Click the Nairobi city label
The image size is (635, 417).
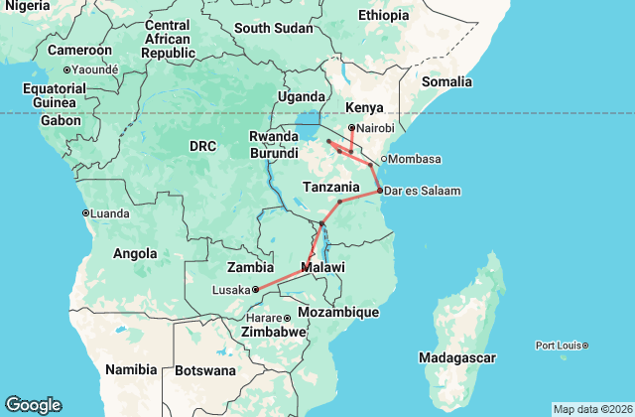(376, 128)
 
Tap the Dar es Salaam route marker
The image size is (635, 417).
(379, 190)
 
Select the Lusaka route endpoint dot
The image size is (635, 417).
(255, 289)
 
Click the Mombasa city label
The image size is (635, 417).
(416, 160)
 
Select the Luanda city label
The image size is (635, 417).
(111, 212)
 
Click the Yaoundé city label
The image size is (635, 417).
(94, 69)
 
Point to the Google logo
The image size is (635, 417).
(33, 405)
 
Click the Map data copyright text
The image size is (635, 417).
(591, 409)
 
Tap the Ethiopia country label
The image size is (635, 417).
(383, 15)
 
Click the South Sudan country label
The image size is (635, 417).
(273, 27)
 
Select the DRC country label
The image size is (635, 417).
(202, 146)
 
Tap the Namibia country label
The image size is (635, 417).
(133, 369)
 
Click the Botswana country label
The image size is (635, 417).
(207, 370)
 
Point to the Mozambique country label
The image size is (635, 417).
(340, 312)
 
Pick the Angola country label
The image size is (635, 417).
(136, 253)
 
